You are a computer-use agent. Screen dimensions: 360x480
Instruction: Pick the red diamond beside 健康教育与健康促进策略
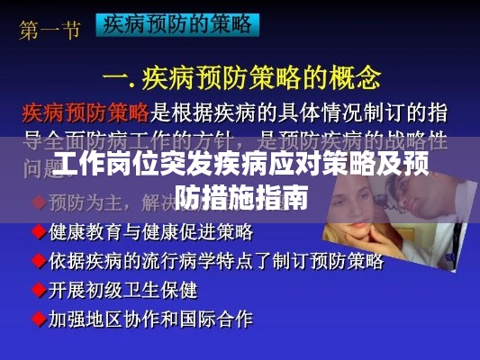point(39,231)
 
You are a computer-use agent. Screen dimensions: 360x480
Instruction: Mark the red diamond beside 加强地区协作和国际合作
point(39,319)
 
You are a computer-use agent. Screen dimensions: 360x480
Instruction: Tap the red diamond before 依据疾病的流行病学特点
point(39,261)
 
